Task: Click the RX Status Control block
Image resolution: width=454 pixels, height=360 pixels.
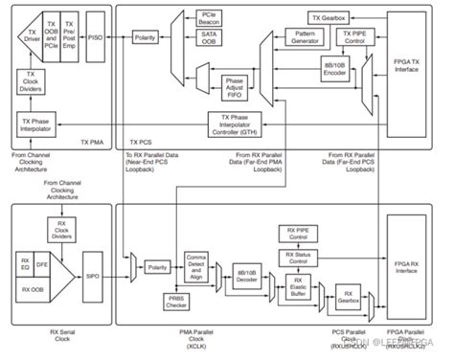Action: tap(306, 257)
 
